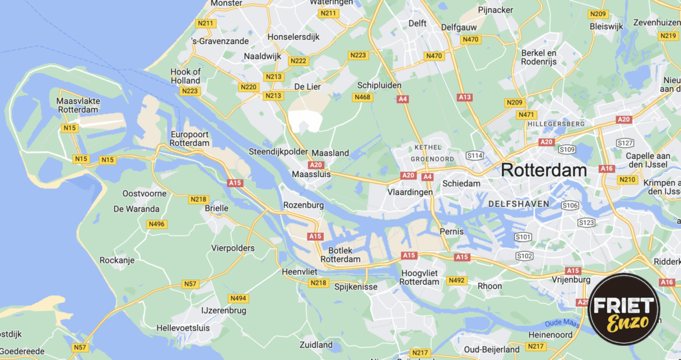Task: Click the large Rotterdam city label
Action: pyautogui.click(x=544, y=170)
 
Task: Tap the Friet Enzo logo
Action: pyautogui.click(x=624, y=309)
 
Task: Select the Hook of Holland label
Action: pyautogui.click(x=186, y=76)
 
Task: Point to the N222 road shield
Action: pyautogui.click(x=299, y=61)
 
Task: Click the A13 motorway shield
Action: pyautogui.click(x=465, y=97)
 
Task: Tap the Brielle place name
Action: pyautogui.click(x=216, y=208)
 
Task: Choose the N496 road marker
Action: pyautogui.click(x=157, y=224)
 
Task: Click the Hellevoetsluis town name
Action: pyautogui.click(x=182, y=328)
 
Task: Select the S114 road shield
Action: pyautogui.click(x=474, y=155)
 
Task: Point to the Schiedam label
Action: pyautogui.click(x=462, y=183)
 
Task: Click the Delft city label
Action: pyautogui.click(x=417, y=23)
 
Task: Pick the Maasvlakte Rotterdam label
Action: pyautogui.click(x=78, y=105)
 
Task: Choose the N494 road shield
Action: pyautogui.click(x=237, y=298)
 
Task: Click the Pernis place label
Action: pyautogui.click(x=452, y=231)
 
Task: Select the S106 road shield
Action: pyautogui.click(x=570, y=205)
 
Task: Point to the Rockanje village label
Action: pyautogui.click(x=117, y=260)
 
